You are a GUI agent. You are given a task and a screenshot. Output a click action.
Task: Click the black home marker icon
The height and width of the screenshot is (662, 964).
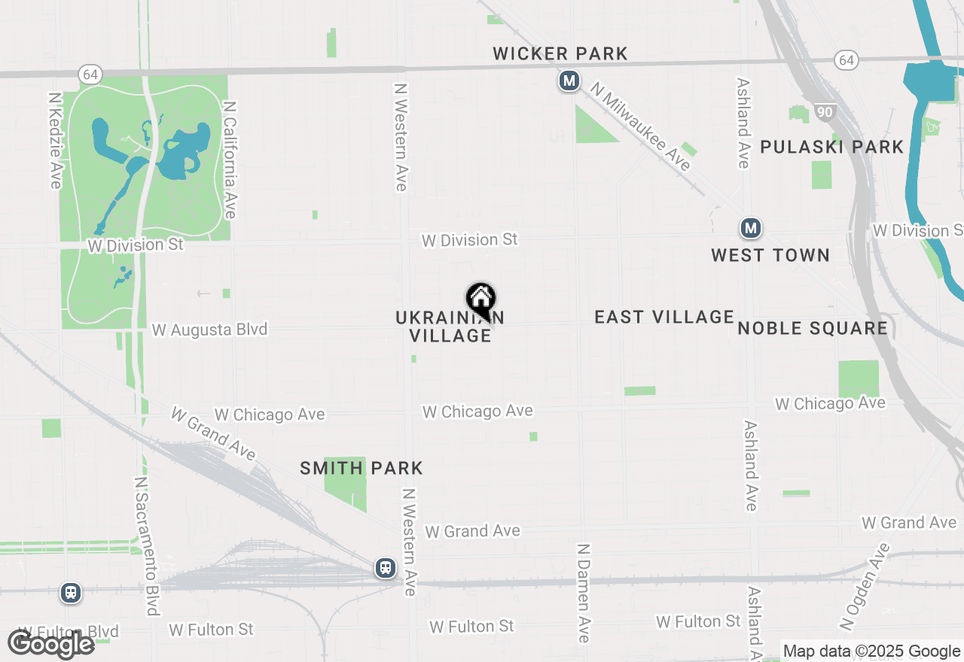point(480,299)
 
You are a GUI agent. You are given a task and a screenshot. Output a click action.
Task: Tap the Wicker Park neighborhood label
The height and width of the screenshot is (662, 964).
point(560,53)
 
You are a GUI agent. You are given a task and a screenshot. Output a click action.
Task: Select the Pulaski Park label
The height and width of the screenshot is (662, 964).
point(831,147)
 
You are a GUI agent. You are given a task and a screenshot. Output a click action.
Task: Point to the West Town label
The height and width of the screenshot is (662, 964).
point(770,255)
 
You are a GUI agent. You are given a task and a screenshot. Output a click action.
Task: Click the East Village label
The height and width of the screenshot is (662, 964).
point(664,317)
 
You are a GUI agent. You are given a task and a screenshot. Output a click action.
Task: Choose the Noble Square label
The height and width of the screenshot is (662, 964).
point(813,328)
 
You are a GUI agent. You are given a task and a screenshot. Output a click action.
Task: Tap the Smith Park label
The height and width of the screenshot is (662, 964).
point(361,468)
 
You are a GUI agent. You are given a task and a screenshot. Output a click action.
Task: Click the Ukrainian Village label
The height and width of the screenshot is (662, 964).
point(450,326)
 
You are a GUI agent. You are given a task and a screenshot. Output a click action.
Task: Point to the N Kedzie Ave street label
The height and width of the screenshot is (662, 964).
point(55,141)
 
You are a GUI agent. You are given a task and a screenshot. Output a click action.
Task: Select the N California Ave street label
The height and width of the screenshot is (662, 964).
point(230,160)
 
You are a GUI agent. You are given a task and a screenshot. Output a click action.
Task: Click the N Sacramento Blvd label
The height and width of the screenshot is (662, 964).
point(145,545)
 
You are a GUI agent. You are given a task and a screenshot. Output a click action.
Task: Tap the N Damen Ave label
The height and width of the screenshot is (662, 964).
point(583,593)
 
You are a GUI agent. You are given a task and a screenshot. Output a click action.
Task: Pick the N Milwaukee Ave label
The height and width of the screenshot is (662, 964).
point(640,126)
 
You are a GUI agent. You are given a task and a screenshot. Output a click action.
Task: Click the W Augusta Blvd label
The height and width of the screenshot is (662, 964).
point(209,329)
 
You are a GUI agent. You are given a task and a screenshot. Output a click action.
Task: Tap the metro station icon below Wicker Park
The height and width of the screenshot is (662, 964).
point(569,80)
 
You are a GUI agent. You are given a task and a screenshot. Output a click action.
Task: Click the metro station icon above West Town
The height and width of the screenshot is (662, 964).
point(749,228)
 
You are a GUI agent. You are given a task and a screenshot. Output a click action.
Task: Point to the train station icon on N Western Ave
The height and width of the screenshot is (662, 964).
point(386,567)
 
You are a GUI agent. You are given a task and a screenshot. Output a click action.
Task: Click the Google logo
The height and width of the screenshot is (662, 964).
point(50,644)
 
